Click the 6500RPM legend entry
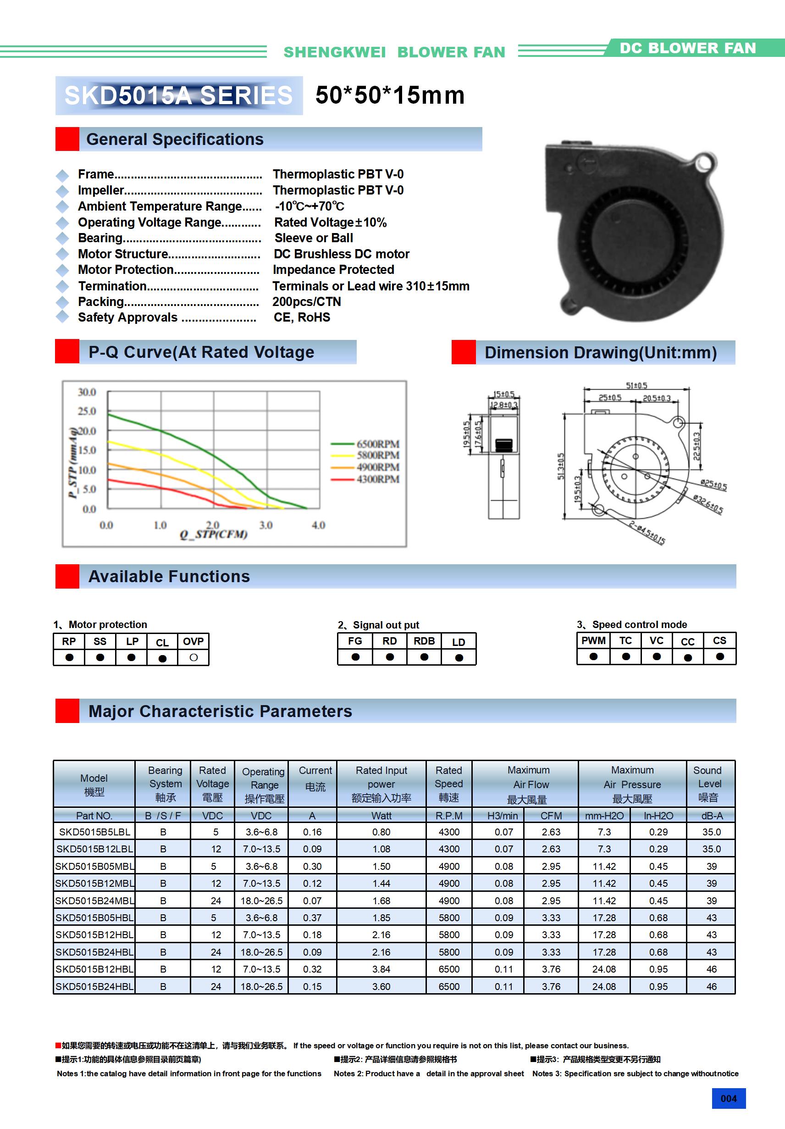[x=377, y=444]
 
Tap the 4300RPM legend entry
[x=377, y=479]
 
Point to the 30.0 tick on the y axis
[x=87, y=392]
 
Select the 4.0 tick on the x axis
[x=319, y=525]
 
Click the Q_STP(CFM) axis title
[x=213, y=534]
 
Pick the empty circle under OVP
[x=193, y=657]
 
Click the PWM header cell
[x=593, y=641]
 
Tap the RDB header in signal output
[x=424, y=641]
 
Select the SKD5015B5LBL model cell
[x=94, y=832]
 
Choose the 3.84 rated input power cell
[x=381, y=969]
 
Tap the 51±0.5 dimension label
[x=636, y=385]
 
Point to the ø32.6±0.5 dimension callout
[x=708, y=504]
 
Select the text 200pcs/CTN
[x=307, y=302]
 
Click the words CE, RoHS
[x=302, y=317]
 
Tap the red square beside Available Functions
[x=67, y=576]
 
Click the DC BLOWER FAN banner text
[x=687, y=48]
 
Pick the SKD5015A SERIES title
[x=178, y=95]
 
